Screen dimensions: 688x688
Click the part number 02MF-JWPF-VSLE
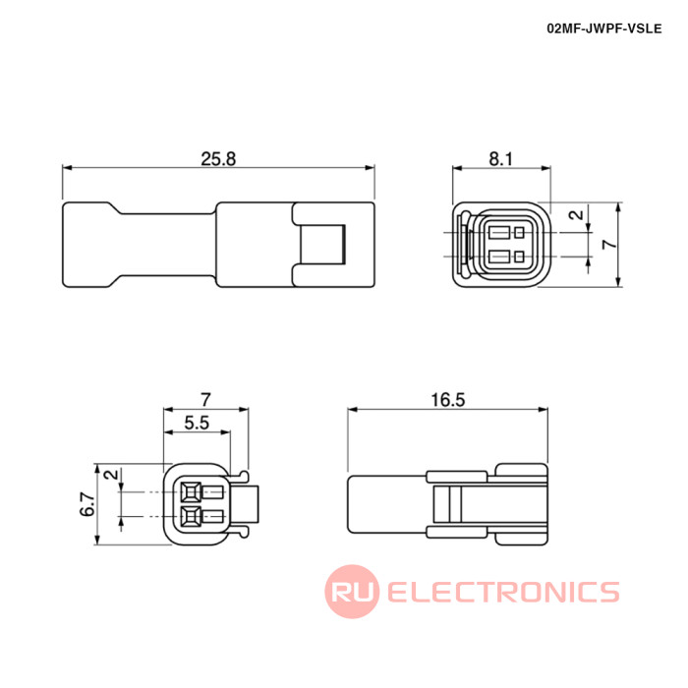(603, 29)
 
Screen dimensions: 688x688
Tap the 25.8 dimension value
(218, 159)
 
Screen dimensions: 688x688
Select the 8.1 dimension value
(501, 159)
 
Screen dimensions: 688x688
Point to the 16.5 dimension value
(447, 400)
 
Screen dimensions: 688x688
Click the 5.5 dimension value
(197, 423)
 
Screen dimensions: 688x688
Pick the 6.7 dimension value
(87, 504)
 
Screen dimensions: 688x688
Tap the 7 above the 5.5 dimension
(205, 400)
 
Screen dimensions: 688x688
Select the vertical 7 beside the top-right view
(609, 245)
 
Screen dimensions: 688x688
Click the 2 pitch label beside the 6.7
(112, 475)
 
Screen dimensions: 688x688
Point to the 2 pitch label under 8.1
(576, 214)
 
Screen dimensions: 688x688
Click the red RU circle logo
(352, 592)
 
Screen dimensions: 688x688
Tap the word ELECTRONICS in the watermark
(503, 592)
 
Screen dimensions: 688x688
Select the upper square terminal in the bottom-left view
(192, 492)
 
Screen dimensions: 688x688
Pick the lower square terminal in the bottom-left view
(192, 516)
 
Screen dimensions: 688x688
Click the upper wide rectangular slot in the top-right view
(499, 233)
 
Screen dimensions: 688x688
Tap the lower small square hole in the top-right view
(520, 257)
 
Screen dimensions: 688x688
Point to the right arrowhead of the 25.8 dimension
(371, 168)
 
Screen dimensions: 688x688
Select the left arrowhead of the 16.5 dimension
(353, 410)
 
